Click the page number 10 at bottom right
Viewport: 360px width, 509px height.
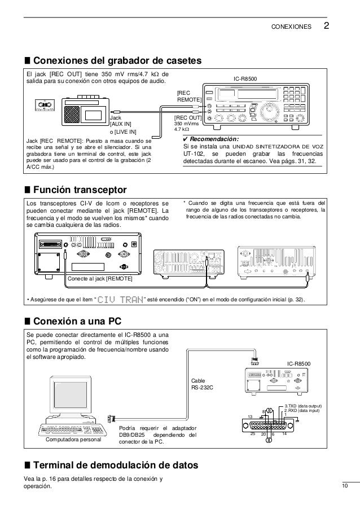coord(345,486)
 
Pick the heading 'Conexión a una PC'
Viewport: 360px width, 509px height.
coord(77,322)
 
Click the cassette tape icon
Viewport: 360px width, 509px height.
coord(42,104)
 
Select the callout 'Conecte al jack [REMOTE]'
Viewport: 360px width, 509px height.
coord(100,279)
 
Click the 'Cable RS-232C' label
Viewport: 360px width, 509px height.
coord(203,384)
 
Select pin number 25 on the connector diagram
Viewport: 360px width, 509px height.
coord(253,433)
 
